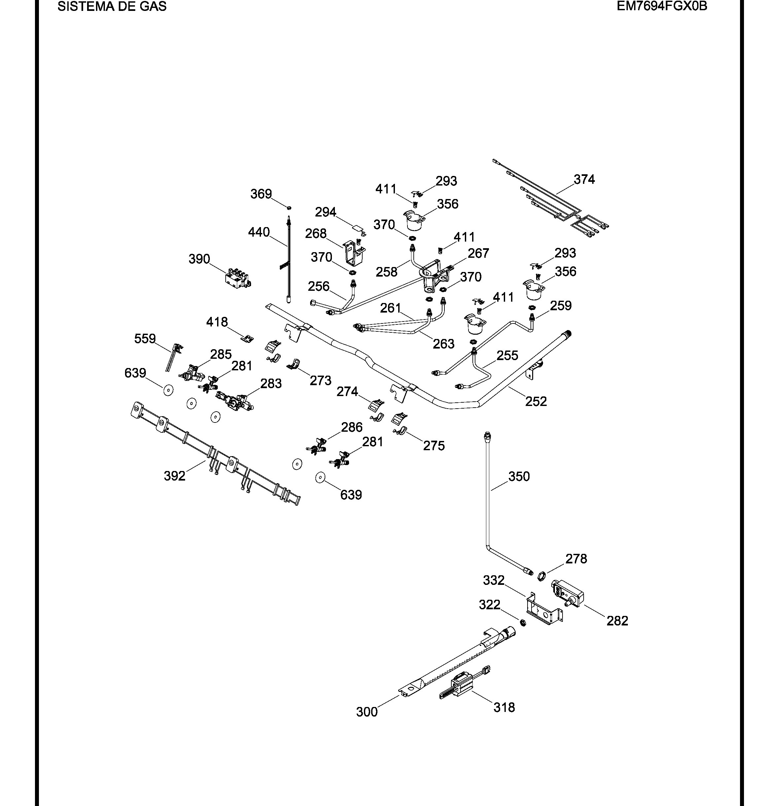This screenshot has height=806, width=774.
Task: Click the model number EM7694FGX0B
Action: coord(662,6)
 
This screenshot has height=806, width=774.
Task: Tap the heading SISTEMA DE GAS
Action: coord(112,6)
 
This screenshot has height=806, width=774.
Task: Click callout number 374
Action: coord(584,179)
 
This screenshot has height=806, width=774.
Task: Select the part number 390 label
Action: coord(199,259)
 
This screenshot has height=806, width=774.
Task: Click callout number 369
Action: coord(261,194)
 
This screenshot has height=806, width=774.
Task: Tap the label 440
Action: coord(259,232)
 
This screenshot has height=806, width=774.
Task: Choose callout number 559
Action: coord(145,339)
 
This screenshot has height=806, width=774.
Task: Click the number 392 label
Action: coord(175,476)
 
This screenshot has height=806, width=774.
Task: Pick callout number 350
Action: coord(519,476)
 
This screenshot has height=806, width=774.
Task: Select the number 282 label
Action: coord(617,621)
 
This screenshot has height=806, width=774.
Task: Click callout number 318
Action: coord(504,707)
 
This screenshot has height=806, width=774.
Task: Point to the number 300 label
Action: coord(367,712)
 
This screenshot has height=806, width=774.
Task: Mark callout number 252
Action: coord(536,401)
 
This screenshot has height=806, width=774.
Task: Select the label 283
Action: coord(271,384)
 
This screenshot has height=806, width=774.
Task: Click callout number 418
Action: coord(217,322)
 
